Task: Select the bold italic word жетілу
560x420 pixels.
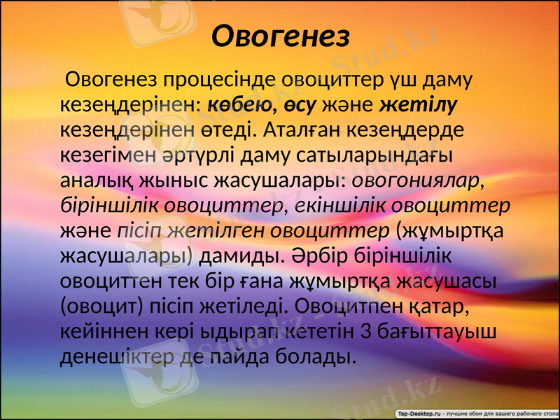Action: click(419, 104)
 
